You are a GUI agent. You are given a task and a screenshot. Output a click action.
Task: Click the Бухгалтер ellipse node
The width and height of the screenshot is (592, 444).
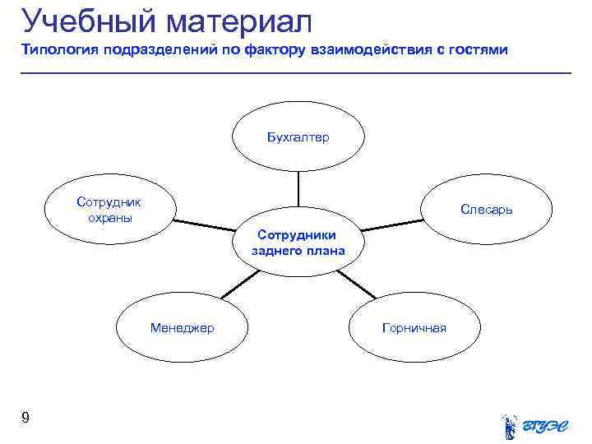(x=298, y=137)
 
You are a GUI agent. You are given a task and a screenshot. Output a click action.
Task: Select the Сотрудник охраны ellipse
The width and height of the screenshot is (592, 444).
(x=109, y=210)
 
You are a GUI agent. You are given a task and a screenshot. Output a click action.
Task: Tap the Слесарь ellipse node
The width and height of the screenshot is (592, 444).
(x=486, y=210)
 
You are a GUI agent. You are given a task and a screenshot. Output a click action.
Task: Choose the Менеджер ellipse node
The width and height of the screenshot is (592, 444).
(x=182, y=328)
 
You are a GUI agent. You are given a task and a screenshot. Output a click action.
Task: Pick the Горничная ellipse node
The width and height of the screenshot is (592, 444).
(x=414, y=328)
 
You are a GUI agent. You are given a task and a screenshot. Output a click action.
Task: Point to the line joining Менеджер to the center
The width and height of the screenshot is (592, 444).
(x=239, y=284)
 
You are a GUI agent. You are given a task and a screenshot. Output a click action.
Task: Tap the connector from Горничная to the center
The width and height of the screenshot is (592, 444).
(x=356, y=284)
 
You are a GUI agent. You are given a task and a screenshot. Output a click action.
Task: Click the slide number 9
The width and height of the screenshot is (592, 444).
(x=25, y=419)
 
